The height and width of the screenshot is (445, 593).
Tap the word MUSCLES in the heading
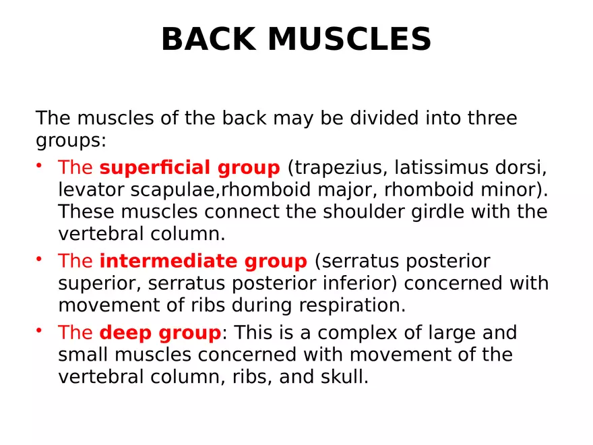click(x=350, y=40)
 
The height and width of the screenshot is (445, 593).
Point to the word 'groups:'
click(x=71, y=141)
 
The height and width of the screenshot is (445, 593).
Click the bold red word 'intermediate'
click(x=169, y=261)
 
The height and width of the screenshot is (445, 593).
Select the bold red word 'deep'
click(x=125, y=333)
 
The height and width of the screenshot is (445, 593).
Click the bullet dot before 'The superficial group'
click(x=40, y=165)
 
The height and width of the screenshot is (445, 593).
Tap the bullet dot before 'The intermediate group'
click(x=40, y=258)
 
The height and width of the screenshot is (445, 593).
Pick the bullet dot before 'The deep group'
click(x=40, y=330)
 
